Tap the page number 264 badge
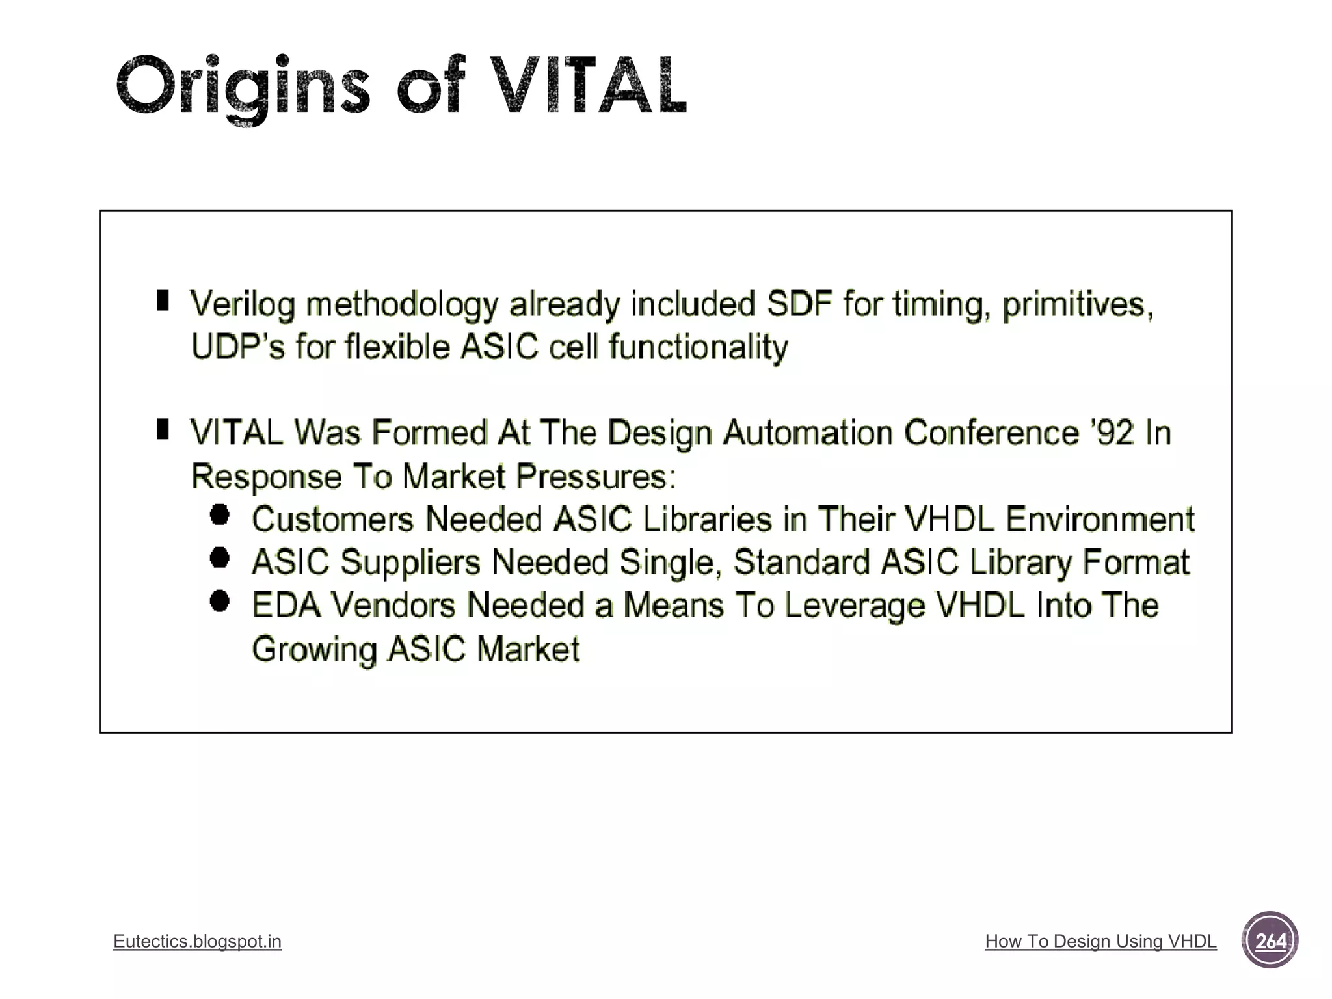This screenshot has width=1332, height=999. tap(1270, 940)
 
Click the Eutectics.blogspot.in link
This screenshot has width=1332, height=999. tap(197, 941)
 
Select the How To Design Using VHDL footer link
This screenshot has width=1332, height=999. tap(1100, 941)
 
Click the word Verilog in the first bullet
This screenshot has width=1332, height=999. tap(243, 304)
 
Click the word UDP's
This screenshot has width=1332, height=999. tap(238, 347)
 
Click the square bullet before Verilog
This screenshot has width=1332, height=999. tap(163, 300)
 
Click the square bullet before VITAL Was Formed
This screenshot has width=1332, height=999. tap(163, 429)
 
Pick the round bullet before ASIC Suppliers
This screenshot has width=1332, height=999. tap(220, 557)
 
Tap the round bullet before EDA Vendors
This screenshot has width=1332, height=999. tap(220, 601)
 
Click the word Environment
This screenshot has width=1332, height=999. tap(1100, 519)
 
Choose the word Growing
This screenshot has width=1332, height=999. tap(314, 649)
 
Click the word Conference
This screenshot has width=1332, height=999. tap(991, 433)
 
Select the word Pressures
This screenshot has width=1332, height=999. tap(596, 476)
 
